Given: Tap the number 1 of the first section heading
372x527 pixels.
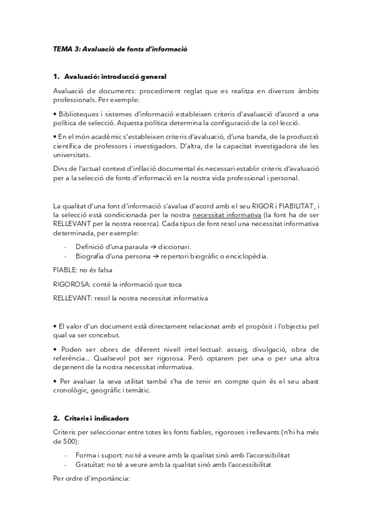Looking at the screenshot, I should coord(56,76).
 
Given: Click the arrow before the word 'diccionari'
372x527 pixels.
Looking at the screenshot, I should coord(137,247).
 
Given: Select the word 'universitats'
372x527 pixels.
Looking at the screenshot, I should coord(73,155).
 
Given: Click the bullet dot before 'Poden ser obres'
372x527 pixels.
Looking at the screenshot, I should coord(55,349).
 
